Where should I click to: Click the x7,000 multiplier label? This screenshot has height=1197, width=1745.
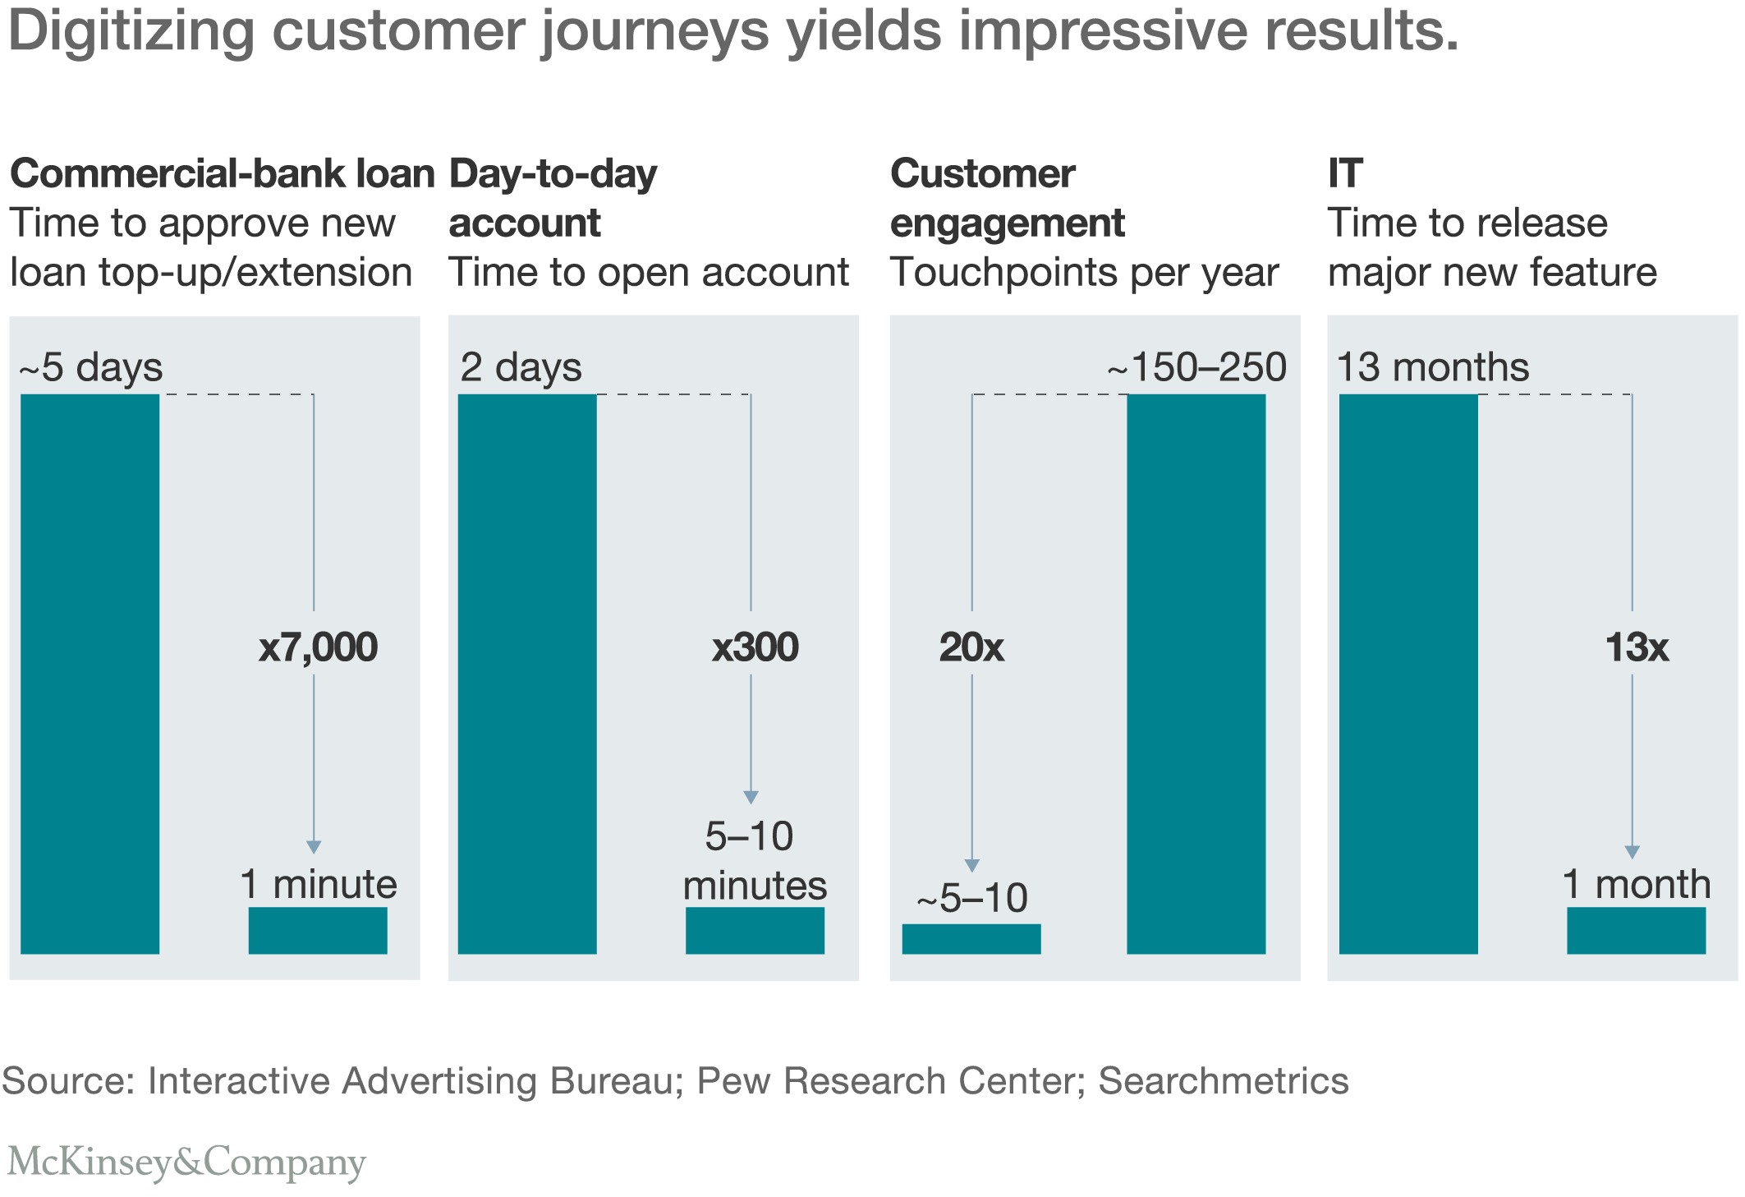[318, 647]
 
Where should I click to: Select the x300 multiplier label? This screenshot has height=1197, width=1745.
[755, 647]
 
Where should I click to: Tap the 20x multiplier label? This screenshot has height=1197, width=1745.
[971, 647]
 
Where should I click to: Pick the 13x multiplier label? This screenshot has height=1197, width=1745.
[1637, 647]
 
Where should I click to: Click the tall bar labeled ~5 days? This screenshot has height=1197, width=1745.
[90, 674]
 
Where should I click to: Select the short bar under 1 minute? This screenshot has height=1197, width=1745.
[318, 930]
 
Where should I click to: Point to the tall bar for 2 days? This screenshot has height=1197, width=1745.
[527, 674]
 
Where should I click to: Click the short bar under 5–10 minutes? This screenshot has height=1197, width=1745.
[755, 930]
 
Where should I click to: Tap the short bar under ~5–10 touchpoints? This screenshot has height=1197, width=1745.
[971, 939]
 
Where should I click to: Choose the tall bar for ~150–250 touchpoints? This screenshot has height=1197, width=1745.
[1196, 674]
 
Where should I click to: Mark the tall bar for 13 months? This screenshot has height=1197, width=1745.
[1408, 674]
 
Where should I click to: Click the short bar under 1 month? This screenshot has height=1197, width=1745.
[1636, 930]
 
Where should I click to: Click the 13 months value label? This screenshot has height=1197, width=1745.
[1433, 367]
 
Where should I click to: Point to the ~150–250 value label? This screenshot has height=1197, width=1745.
[1196, 367]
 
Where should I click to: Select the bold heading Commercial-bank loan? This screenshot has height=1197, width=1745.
[222, 174]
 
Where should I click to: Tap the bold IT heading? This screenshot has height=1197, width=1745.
[1345, 174]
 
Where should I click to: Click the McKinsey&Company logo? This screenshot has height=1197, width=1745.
[186, 1162]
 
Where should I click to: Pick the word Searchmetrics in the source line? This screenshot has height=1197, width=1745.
[1224, 1081]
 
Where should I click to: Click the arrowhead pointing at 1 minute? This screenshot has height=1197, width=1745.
[314, 847]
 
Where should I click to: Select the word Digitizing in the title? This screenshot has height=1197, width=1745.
[131, 31]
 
